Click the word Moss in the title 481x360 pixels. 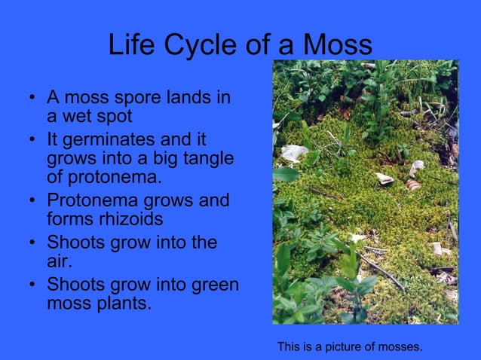coord(337,44)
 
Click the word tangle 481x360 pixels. coord(207,160)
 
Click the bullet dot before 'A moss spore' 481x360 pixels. coord(31,99)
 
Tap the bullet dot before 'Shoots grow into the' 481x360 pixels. coord(31,244)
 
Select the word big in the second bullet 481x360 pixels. coord(167,160)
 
